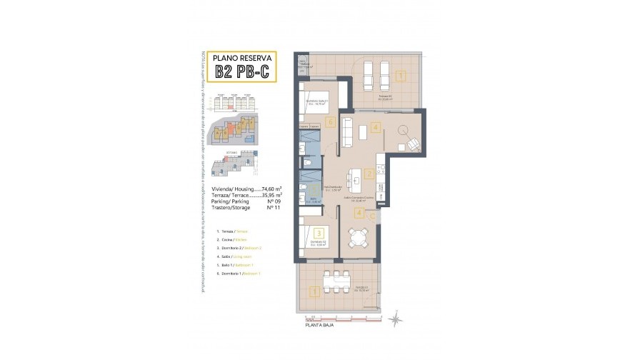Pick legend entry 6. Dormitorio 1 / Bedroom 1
[x=239, y=274]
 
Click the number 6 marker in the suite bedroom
[x=329, y=122]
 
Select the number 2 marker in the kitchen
[x=369, y=173]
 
